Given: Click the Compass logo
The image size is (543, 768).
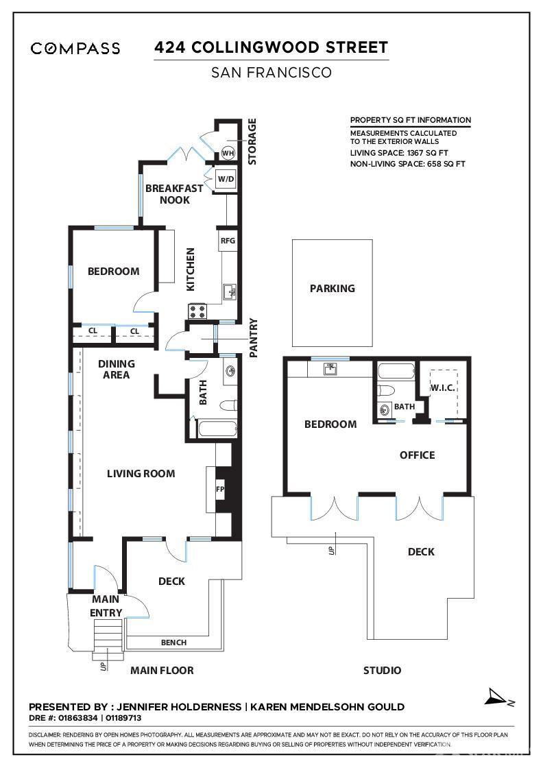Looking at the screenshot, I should click(x=75, y=48).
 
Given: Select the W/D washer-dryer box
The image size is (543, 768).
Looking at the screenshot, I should click(x=226, y=179).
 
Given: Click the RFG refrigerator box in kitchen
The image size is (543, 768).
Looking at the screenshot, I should click(x=228, y=241).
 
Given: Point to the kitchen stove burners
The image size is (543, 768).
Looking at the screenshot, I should click(x=197, y=311).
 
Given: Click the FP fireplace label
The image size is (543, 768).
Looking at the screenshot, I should click(x=220, y=490).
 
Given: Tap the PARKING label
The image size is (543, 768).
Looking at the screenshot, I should click(x=333, y=289).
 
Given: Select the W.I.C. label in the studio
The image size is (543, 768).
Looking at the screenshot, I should click(x=443, y=388).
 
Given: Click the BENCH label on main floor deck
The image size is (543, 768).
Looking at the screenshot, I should click(x=173, y=643).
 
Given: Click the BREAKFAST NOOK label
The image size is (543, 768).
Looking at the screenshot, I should click(x=174, y=194).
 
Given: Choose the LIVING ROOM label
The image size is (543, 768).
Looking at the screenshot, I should click(x=141, y=473).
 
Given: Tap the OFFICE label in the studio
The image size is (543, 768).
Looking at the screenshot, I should click(x=417, y=455).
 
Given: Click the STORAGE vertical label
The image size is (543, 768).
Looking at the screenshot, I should click(x=252, y=141).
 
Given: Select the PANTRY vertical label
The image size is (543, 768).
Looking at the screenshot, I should click(x=253, y=337).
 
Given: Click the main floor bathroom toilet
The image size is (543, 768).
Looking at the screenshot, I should click(x=226, y=405).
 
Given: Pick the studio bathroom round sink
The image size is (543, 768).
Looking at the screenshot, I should click(x=383, y=410).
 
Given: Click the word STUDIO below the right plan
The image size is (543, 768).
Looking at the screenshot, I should click(x=382, y=670).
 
